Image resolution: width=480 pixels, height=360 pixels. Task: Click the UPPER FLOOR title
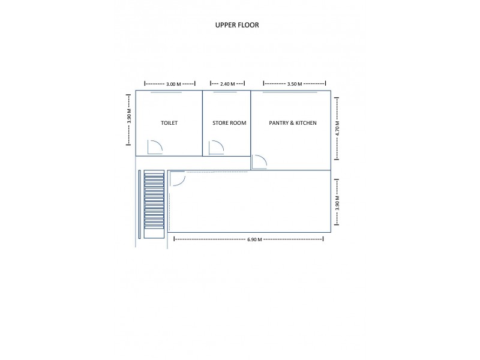[237, 26]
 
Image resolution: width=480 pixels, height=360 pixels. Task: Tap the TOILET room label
[169, 123]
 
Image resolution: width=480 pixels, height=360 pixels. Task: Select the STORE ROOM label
[229, 123]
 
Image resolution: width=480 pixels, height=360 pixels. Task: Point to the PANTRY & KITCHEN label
[292, 123]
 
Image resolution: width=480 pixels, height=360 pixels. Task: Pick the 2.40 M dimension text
[228, 84]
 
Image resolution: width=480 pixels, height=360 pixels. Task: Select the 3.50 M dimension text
[295, 84]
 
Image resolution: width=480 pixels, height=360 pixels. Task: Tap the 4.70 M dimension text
[337, 128]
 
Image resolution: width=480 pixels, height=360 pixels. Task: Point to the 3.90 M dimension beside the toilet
[129, 118]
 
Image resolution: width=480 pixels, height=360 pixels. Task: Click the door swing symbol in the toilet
[155, 147]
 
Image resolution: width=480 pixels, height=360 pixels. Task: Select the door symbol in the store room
[216, 148]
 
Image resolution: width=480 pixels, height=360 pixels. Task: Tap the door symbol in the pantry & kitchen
[259, 162]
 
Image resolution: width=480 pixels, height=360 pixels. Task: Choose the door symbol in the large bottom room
[177, 179]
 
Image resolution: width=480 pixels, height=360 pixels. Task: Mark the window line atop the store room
[226, 92]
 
